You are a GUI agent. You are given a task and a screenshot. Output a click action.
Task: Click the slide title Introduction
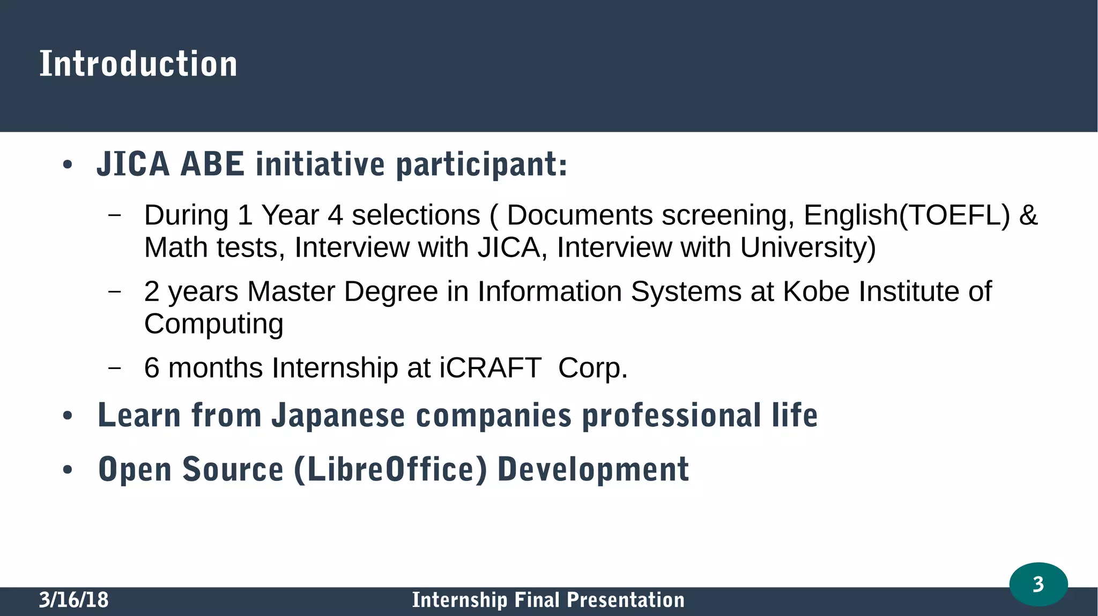[138, 64]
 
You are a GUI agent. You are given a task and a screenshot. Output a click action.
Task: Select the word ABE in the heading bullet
[212, 164]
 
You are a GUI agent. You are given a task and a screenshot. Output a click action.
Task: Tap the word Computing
[213, 324]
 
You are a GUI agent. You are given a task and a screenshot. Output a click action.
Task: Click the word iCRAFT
[490, 368]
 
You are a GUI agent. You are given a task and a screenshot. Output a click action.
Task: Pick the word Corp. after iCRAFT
[592, 368]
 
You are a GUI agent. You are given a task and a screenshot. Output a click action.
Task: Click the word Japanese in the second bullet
[338, 416]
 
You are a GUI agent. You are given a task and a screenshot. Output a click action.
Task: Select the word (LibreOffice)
[391, 469]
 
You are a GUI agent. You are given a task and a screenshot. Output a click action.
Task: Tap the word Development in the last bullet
[593, 469]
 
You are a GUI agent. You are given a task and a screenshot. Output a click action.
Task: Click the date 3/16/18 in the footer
[73, 600]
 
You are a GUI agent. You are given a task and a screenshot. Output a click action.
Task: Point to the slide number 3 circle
[1038, 584]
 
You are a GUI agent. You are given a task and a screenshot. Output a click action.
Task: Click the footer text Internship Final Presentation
[548, 600]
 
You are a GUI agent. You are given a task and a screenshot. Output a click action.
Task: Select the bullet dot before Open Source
[67, 470]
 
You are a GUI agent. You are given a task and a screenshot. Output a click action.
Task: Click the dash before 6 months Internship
[114, 368]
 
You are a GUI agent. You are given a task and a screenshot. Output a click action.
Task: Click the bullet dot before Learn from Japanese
[67, 416]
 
